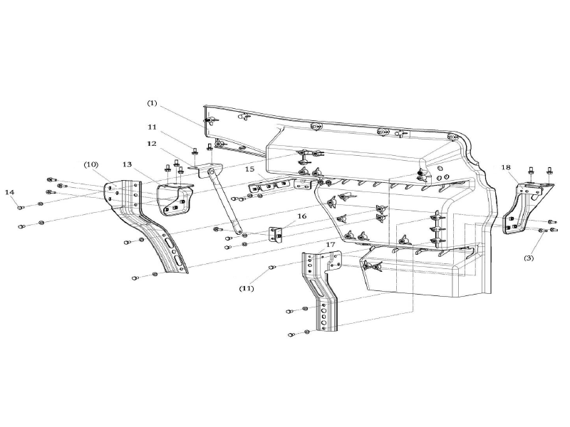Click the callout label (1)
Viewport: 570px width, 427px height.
(152, 103)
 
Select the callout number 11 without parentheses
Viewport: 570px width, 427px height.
(152, 127)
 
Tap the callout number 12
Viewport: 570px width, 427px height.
(152, 144)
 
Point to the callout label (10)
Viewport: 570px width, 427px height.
(90, 164)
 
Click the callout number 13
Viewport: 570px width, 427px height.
(127, 164)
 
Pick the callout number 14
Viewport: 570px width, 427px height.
(9, 192)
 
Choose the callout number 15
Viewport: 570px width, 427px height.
(250, 169)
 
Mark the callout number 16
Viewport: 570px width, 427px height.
(302, 216)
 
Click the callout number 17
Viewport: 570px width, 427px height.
(330, 244)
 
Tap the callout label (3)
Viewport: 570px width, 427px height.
(529, 258)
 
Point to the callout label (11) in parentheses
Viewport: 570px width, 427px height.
(247, 289)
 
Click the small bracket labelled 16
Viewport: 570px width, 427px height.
(276, 233)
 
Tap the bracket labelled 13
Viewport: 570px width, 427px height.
(174, 197)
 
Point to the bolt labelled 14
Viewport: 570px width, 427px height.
(21, 207)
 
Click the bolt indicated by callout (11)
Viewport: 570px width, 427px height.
(271, 268)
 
